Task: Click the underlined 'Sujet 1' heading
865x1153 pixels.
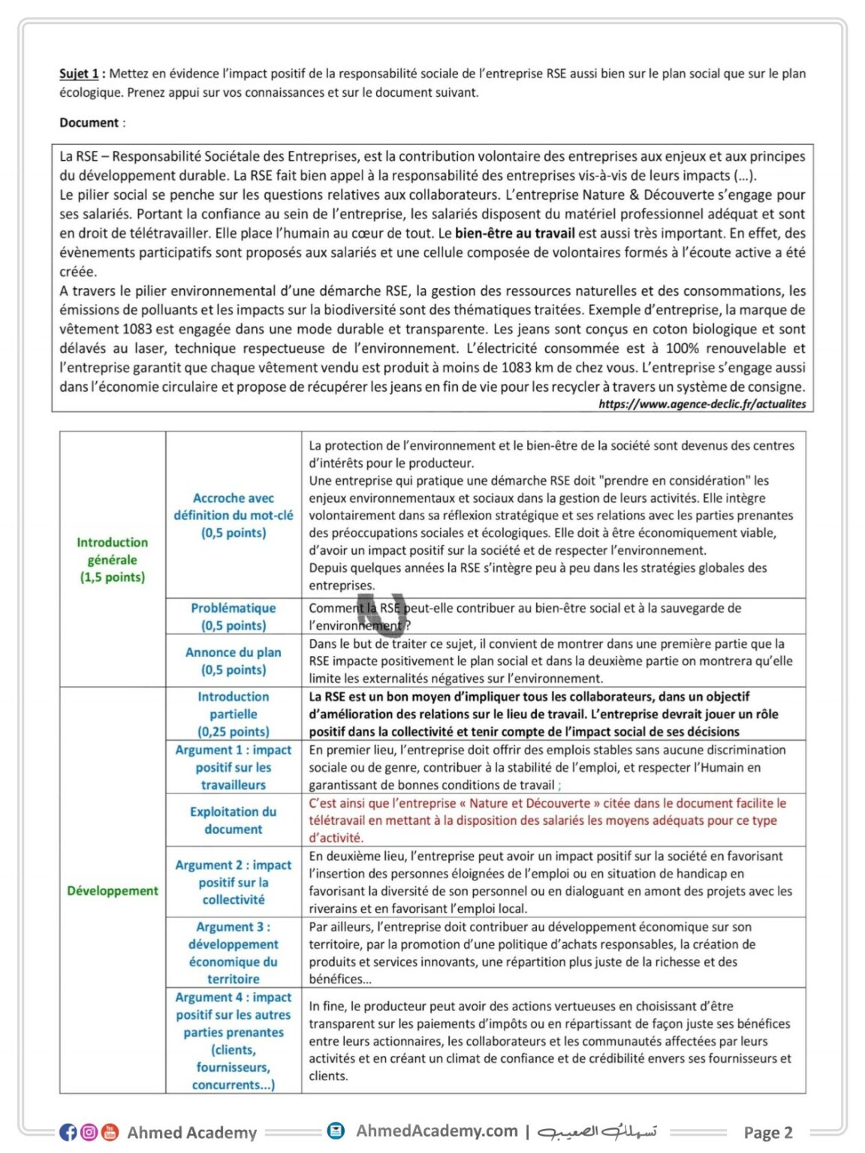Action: tap(79, 74)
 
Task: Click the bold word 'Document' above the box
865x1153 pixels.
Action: tap(89, 122)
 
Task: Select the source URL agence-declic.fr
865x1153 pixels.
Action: tap(702, 404)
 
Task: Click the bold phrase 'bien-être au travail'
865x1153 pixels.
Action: tap(514, 233)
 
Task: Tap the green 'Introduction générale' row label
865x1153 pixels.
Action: tap(113, 559)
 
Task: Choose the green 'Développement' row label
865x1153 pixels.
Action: tap(113, 890)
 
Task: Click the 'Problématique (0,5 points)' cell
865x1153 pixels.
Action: tap(234, 616)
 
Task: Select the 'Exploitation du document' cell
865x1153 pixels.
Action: tap(234, 820)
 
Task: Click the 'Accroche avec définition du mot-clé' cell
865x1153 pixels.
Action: tap(234, 515)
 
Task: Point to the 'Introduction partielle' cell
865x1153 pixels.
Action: tap(234, 714)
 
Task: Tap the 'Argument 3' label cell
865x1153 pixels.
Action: tap(234, 953)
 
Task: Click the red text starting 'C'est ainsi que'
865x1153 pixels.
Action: tap(547, 820)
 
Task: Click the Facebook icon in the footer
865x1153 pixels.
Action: tap(68, 1132)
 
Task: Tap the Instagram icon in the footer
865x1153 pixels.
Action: tap(89, 1132)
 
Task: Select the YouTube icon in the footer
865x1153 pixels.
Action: tap(110, 1132)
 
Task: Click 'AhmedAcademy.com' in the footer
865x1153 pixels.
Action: tap(436, 1130)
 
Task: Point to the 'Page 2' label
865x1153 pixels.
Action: tap(767, 1132)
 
